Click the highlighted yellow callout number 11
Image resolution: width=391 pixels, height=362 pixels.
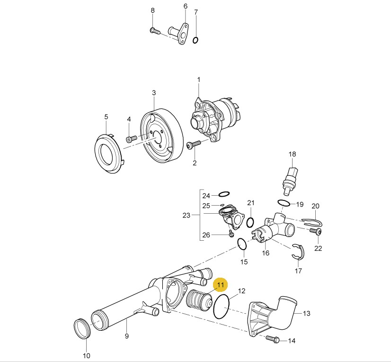coord(221,285)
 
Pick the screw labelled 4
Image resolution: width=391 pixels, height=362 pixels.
coord(131,139)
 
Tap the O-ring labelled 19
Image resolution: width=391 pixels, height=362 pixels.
coord(284,204)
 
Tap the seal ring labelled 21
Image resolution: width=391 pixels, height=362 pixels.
coord(251,221)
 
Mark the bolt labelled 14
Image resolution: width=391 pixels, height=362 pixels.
coord(273,339)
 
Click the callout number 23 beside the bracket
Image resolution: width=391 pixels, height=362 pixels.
coord(186,216)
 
